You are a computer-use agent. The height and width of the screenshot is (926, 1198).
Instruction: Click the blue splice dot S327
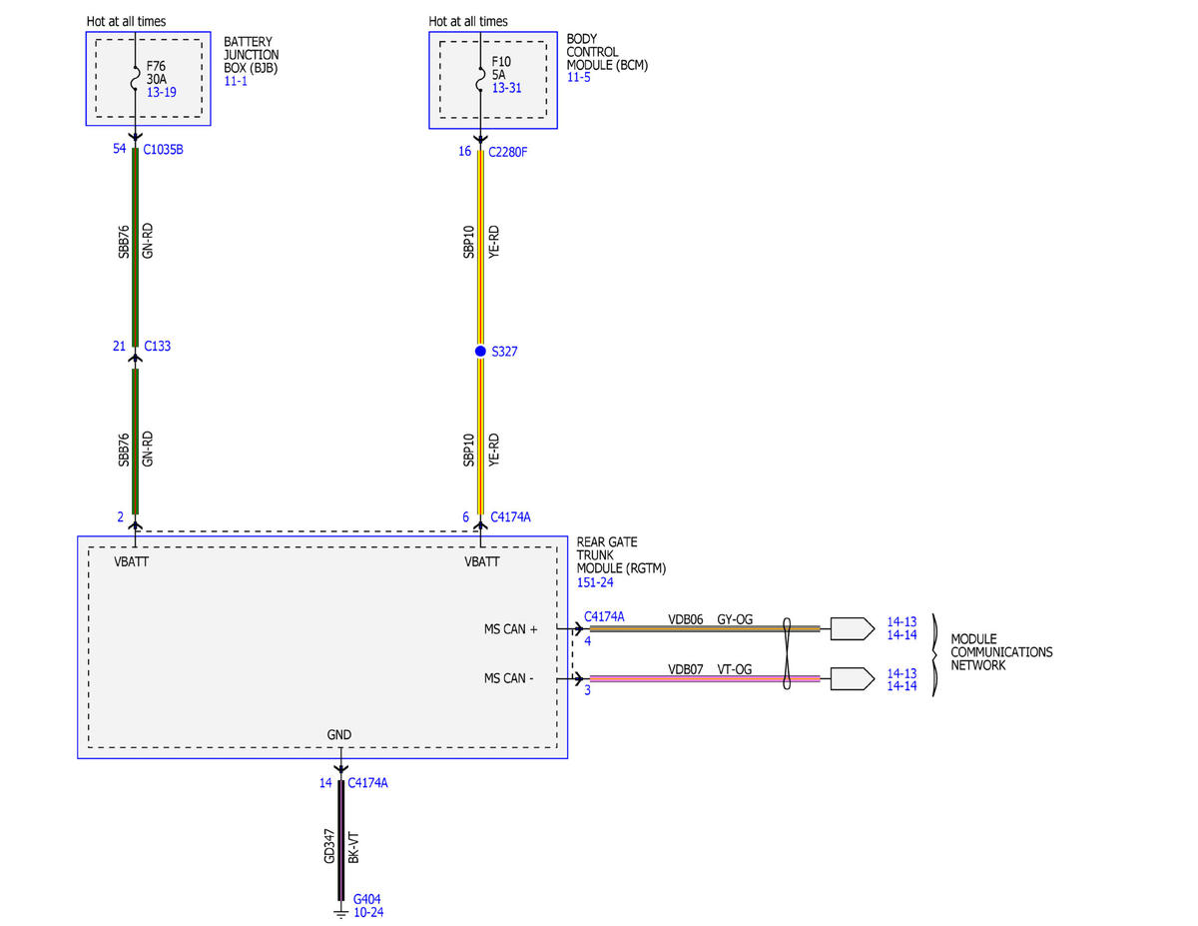tap(480, 352)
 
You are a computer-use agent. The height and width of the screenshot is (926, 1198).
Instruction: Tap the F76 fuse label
tap(156, 66)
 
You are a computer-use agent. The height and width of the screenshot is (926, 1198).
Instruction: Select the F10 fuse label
tap(501, 62)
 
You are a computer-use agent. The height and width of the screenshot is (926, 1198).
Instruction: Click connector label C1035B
tap(163, 150)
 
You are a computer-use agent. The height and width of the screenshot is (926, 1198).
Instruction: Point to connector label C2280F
tap(508, 152)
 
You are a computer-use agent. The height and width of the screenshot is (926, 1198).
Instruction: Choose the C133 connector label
tap(158, 347)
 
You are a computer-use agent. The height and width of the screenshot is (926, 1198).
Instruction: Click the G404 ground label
tap(367, 899)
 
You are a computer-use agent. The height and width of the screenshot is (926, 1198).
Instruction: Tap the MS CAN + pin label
tap(510, 629)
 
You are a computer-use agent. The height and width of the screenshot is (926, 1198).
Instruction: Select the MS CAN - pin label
tap(509, 678)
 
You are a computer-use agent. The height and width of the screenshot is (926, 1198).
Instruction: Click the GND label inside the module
tap(339, 734)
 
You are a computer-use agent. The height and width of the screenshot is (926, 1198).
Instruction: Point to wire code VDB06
tap(685, 619)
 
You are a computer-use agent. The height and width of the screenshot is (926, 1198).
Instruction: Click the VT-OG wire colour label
tap(735, 669)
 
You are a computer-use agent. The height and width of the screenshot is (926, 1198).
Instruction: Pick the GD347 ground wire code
tap(329, 846)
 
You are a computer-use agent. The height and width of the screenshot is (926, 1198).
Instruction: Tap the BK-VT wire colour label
tap(354, 848)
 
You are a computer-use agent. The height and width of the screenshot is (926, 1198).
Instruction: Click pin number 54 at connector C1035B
tap(120, 149)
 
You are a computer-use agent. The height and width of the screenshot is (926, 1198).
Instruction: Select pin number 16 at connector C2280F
tap(465, 152)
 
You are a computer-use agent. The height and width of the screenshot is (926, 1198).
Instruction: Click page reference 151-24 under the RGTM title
tap(595, 582)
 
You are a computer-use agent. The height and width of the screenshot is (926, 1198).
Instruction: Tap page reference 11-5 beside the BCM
tap(578, 77)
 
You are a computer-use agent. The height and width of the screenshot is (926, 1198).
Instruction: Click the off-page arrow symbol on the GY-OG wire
tap(853, 628)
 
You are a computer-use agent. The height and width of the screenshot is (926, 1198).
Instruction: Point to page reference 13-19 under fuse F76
tap(162, 92)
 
